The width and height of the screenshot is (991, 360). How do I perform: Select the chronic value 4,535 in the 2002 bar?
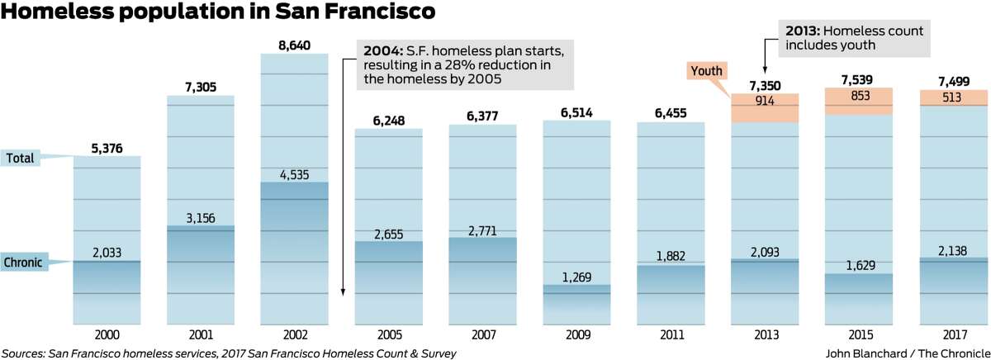(295, 174)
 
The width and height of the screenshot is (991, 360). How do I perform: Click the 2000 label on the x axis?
(107, 335)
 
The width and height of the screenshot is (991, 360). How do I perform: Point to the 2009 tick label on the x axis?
(576, 335)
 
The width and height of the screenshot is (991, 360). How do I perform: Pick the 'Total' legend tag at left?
(20, 158)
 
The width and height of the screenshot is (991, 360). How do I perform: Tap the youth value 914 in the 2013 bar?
(764, 101)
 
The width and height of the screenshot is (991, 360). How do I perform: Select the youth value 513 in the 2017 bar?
(951, 97)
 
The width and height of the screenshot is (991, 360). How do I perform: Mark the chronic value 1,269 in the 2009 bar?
(576, 277)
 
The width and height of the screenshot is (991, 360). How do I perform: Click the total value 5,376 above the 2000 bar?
(107, 149)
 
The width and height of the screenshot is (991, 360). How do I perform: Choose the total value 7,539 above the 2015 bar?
(858, 80)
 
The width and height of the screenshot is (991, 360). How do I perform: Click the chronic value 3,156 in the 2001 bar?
(201, 218)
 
